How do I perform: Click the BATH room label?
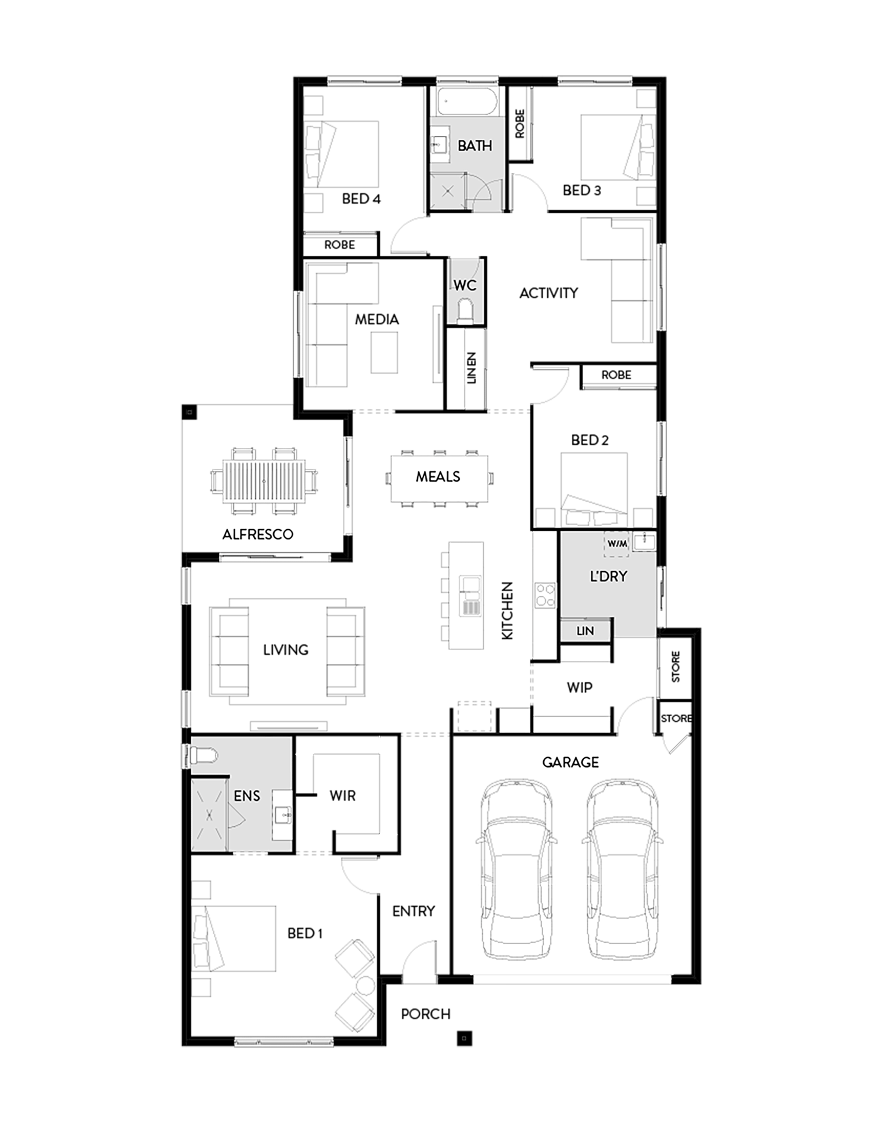point(475,146)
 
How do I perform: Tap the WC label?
point(465,285)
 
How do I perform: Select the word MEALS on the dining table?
point(438,476)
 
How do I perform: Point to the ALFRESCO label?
point(258,534)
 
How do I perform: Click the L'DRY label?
point(608,577)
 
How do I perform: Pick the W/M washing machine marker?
point(617,544)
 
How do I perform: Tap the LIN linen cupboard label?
point(585,631)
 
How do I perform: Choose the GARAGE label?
point(570,762)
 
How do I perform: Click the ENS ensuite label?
point(247,796)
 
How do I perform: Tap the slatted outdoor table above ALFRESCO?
point(264,480)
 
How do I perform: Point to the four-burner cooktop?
point(545,594)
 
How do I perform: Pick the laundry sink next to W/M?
point(644,542)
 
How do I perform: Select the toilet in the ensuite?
point(203,756)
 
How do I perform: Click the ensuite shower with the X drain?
point(209,815)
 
